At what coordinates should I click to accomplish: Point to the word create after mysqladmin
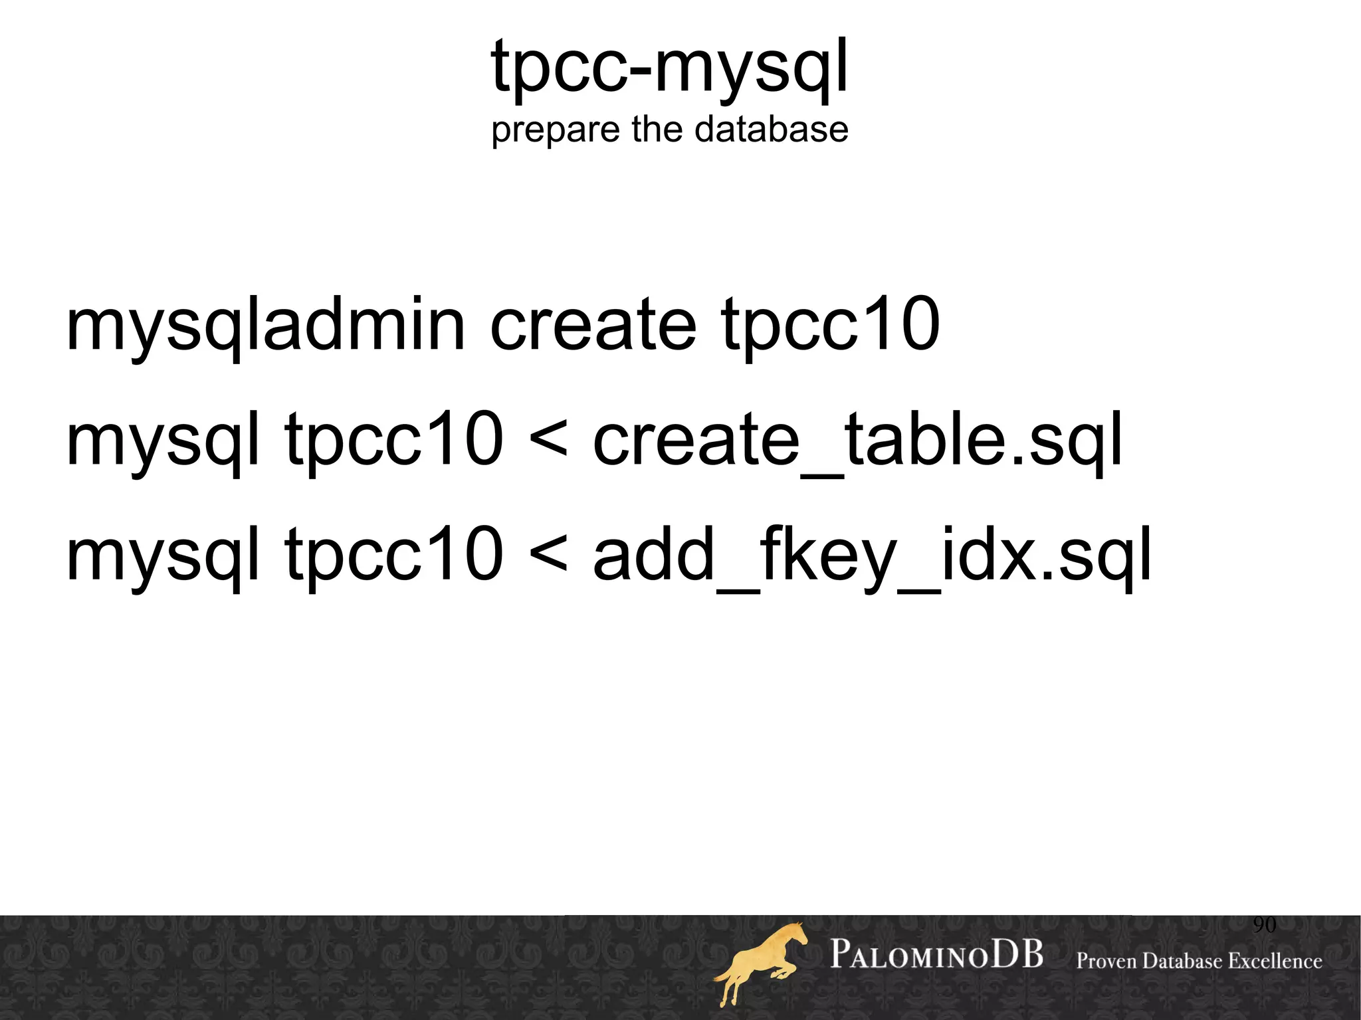coord(593,325)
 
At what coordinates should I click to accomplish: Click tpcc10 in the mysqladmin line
coord(830,325)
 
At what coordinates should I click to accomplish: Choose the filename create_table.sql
coord(857,441)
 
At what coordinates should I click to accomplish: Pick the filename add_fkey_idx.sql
coord(872,556)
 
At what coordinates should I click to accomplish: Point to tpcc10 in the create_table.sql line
coord(394,441)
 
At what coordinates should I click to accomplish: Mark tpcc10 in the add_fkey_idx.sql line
coord(394,556)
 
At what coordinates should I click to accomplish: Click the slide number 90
coord(1264,924)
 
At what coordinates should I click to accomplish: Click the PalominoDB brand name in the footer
coord(936,956)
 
